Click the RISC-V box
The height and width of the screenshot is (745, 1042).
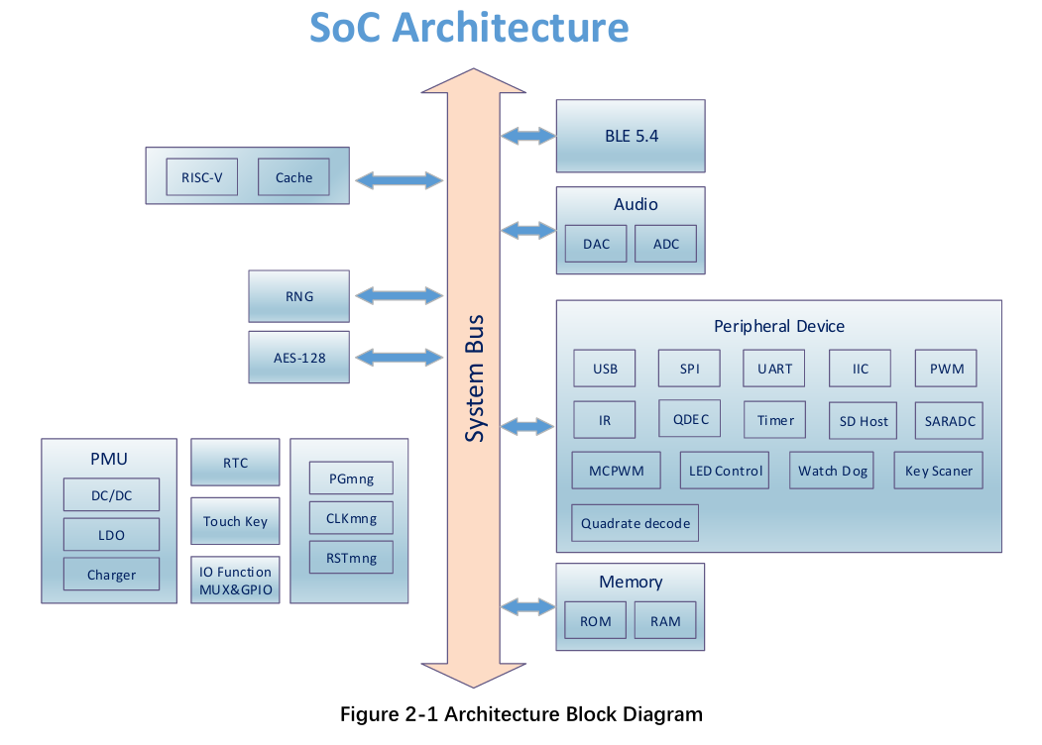202,177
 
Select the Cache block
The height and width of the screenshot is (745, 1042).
293,177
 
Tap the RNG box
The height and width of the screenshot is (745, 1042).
298,296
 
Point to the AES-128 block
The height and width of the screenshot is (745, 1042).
298,358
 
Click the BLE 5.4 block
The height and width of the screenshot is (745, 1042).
631,136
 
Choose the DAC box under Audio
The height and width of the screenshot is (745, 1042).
596,244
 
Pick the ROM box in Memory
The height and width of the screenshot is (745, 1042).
596,621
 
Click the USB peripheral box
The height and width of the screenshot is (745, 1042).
605,369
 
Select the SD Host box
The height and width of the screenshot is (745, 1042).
863,421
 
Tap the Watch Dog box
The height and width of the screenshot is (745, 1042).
833,471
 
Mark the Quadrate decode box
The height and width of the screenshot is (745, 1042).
636,523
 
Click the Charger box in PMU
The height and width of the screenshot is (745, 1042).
111,575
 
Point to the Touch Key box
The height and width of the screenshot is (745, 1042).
235,521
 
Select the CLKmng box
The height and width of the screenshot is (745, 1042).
351,517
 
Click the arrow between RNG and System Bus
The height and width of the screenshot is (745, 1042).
399,295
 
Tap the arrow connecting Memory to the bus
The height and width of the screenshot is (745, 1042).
528,605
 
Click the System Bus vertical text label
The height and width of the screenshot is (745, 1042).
475,378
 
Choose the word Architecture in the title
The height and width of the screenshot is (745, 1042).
511,27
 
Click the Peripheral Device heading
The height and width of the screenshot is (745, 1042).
779,326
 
